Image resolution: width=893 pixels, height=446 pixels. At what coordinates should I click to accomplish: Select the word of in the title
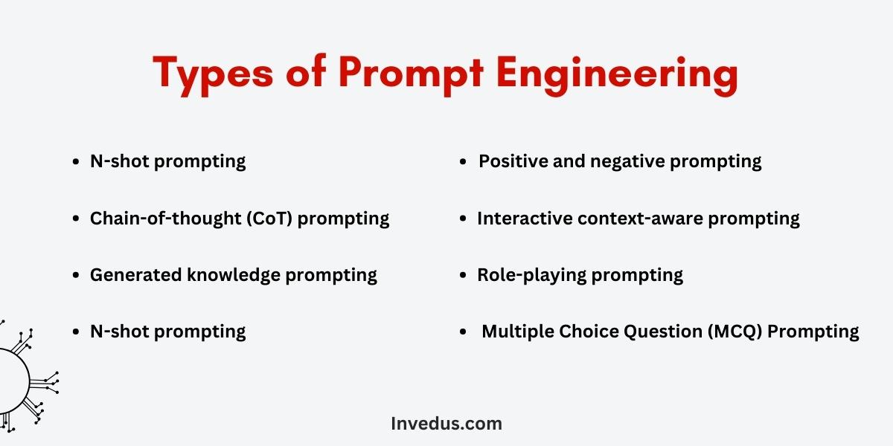(x=306, y=70)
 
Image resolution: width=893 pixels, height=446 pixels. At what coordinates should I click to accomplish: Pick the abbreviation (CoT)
(x=269, y=219)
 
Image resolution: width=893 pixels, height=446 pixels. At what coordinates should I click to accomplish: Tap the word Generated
(x=136, y=275)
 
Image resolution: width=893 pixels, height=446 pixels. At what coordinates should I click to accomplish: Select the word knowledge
(x=234, y=276)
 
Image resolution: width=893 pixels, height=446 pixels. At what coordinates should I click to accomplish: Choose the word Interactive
(x=525, y=219)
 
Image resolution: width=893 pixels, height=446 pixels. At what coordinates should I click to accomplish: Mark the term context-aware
(x=640, y=219)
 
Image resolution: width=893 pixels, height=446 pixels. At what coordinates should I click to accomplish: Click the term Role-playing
(x=532, y=276)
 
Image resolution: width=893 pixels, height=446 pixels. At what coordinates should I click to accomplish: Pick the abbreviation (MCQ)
(x=734, y=332)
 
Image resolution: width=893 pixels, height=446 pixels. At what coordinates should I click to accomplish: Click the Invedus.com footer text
(x=446, y=423)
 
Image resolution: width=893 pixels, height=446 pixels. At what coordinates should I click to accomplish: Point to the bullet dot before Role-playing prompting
(x=463, y=275)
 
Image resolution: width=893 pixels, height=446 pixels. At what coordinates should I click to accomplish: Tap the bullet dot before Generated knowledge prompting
(x=76, y=275)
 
